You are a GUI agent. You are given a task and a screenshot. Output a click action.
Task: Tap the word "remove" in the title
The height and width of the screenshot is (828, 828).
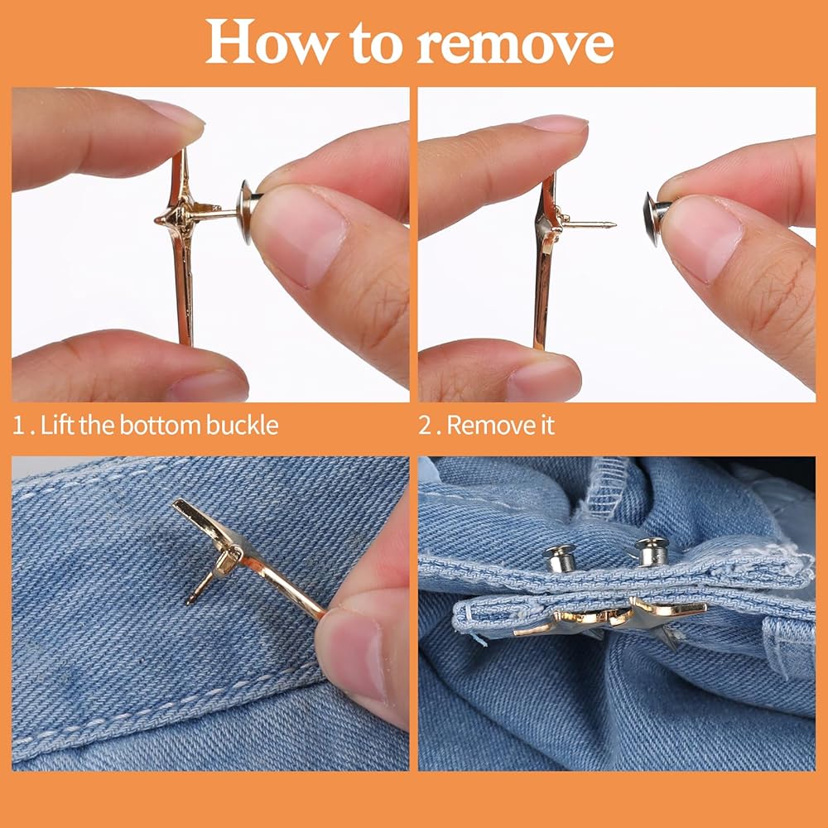pos(515,45)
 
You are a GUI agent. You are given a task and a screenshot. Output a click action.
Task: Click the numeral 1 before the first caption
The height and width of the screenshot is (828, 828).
pos(19,426)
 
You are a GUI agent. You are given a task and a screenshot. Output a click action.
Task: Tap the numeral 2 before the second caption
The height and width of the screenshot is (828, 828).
pos(425,426)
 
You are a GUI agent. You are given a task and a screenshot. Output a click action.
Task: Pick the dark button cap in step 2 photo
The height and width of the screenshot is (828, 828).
pos(655,218)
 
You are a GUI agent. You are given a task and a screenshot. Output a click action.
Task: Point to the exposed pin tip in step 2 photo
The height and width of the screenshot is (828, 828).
pos(613,225)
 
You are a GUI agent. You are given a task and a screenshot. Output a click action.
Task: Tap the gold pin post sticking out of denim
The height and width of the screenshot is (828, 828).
pos(200,587)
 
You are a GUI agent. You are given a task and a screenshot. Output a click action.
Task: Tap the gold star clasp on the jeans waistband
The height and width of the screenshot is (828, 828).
pos(612,618)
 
